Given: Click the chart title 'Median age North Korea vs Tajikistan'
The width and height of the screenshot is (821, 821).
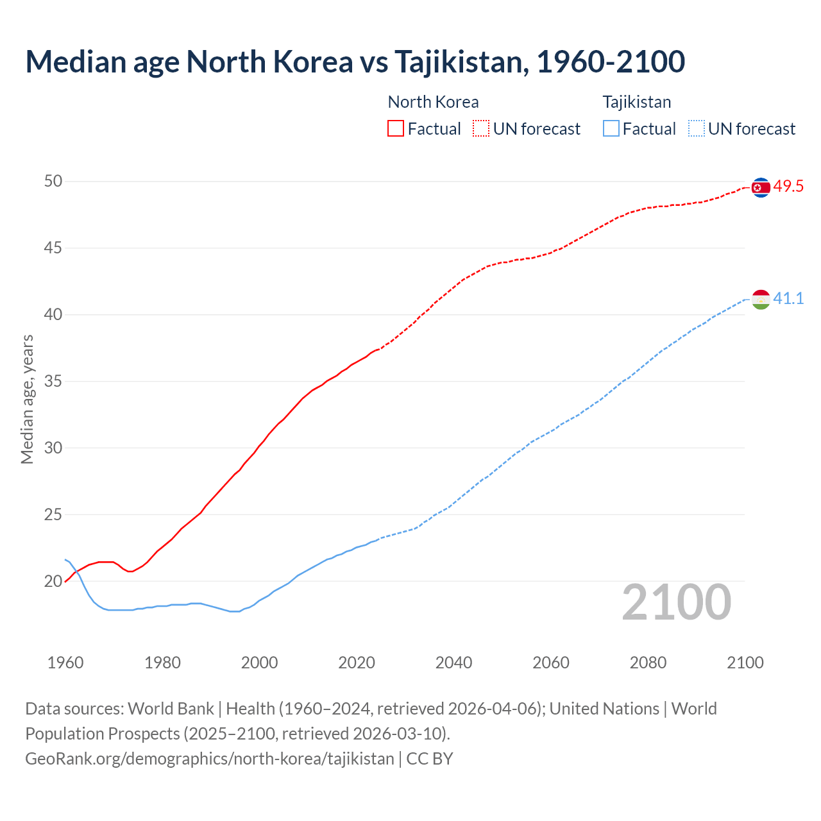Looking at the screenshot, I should pos(355,62).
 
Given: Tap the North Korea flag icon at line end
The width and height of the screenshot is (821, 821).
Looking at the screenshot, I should pos(761,187).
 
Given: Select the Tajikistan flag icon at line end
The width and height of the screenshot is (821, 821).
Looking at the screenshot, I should pos(761,299).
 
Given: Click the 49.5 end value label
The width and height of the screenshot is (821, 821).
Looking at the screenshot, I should pos(788,187).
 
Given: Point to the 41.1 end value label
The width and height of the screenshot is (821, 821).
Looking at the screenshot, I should pos(788,298).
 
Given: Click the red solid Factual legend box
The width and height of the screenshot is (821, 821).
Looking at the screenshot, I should pos(396,129).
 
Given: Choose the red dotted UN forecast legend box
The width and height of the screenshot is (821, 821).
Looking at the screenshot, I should pos(481,129).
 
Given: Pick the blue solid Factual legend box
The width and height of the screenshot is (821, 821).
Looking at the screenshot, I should pos(611,129).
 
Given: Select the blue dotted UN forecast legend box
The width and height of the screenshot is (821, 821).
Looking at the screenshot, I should pos(697,129).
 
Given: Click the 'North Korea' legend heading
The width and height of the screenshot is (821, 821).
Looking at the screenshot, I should pos(433,102).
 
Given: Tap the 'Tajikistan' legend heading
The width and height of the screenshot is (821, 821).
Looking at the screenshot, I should pos(636,102).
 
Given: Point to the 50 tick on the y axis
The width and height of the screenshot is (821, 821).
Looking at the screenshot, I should pos(53,182).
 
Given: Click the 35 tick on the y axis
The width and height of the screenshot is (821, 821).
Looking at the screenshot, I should pos(53,382).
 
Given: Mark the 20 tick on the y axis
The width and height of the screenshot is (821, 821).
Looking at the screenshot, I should pos(53,582).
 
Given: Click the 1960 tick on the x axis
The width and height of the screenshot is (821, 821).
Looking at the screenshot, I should pos(65,663).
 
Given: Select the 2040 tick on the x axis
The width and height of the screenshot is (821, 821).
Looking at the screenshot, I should pos(453,663).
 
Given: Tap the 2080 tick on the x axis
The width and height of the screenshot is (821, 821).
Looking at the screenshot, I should pos(648,663).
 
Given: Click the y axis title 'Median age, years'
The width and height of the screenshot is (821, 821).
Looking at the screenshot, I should pos(27,399).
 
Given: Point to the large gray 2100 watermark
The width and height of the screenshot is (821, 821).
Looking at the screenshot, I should pos(677,602).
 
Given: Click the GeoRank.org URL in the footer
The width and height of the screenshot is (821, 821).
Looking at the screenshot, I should pos(209,759).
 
